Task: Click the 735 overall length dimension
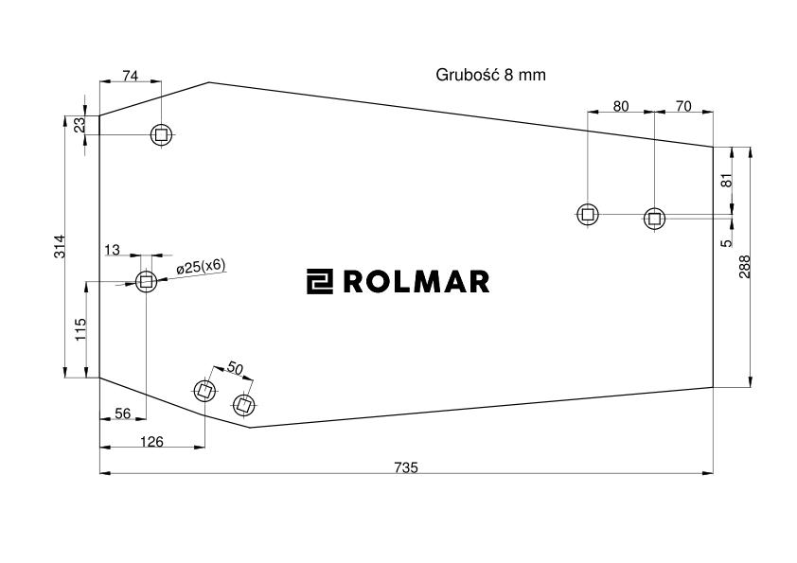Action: click(407, 466)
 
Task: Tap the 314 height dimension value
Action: click(59, 247)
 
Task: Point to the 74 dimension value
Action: click(131, 75)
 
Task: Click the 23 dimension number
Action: click(80, 125)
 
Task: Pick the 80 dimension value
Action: click(620, 106)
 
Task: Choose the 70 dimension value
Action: click(683, 106)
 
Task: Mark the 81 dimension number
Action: click(727, 180)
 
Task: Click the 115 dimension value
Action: click(80, 328)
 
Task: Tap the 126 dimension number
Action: click(151, 441)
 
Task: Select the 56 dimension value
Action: click(122, 413)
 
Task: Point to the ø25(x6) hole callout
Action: click(201, 267)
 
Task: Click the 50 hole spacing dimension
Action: click(236, 368)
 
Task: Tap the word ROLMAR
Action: click(416, 281)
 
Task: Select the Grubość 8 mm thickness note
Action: click(491, 75)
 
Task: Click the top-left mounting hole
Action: click(162, 135)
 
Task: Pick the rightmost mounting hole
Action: click(653, 219)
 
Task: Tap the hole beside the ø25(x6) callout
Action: click(146, 281)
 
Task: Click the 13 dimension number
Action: click(113, 250)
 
